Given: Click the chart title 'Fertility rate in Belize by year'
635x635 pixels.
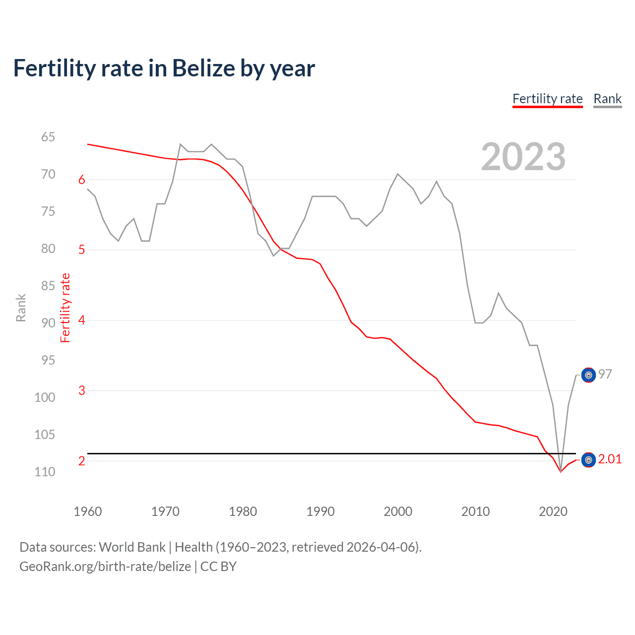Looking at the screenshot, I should pos(164,68).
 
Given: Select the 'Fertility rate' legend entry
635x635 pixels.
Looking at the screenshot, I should pos(547,99).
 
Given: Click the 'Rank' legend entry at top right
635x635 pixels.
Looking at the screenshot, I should pos(607,99).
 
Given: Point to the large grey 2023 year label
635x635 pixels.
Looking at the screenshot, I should pos(523,157).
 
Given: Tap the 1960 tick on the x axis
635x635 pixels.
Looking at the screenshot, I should pos(88,511).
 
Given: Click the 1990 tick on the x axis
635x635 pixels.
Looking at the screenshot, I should pos(320,511).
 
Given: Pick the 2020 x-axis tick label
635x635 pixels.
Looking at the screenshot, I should pos(553,511).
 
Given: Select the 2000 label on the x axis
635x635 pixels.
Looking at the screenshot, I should pos(398,511).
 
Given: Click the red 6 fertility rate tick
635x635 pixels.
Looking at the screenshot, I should pos(82,180).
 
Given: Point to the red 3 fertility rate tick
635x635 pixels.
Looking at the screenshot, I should pos(82,390).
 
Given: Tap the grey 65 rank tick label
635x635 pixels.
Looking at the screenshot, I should pos(48,137).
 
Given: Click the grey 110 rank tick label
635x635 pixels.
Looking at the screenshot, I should pos(45,472).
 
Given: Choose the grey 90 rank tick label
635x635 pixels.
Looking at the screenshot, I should pos(48,323).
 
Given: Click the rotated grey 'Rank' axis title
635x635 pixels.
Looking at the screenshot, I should pos(21,308).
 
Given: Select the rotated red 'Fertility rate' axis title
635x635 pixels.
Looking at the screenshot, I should pos(65,308).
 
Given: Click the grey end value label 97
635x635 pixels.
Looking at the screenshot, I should pos(605,374).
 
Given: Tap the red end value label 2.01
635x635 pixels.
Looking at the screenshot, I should pos(610,459).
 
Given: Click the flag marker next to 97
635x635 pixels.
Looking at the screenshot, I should pos(588,376).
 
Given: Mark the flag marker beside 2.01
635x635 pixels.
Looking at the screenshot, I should pos(588,460).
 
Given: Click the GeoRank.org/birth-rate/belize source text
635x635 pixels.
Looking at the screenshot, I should pos(105,567).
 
